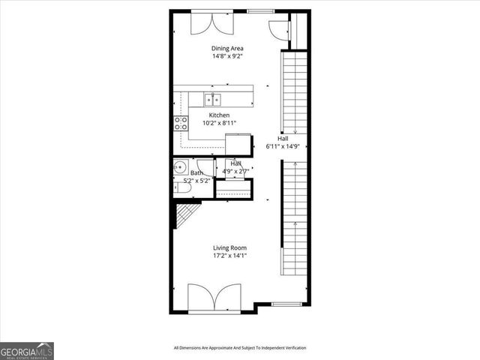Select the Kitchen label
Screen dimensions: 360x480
(219, 115)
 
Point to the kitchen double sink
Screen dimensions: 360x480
(211, 98)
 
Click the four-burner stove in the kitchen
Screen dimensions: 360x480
(181, 123)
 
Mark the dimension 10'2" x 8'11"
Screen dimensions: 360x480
(219, 122)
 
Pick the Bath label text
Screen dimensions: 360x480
(196, 173)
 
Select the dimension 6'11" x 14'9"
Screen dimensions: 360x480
(283, 146)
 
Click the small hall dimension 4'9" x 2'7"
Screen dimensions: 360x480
(235, 171)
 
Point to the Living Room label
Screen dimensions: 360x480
(229, 247)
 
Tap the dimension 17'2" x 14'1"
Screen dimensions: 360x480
(229, 255)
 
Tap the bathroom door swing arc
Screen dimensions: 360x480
(207, 168)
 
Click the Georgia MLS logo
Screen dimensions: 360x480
(27, 350)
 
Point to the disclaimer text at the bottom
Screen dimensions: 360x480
(240, 348)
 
